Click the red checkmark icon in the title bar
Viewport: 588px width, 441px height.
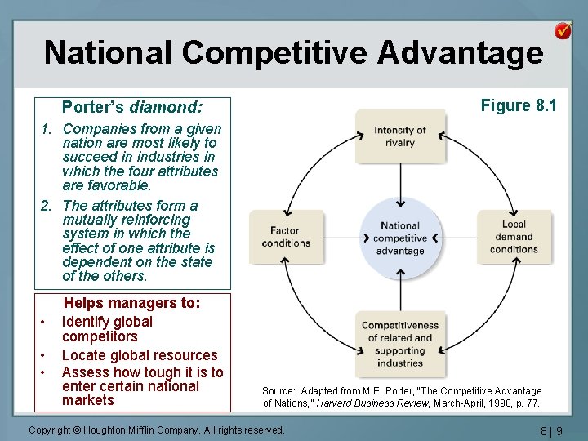click(563, 31)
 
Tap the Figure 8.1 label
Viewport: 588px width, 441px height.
click(519, 105)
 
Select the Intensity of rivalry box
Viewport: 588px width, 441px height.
click(400, 136)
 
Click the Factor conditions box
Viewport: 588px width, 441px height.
click(286, 237)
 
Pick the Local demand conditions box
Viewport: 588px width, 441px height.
click(514, 237)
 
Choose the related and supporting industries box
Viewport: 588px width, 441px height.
click(400, 344)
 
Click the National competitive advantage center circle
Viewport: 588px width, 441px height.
click(400, 238)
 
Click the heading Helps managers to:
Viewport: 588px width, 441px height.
click(132, 303)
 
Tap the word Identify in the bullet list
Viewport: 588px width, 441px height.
click(88, 322)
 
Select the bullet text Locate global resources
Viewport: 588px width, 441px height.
click(140, 355)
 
